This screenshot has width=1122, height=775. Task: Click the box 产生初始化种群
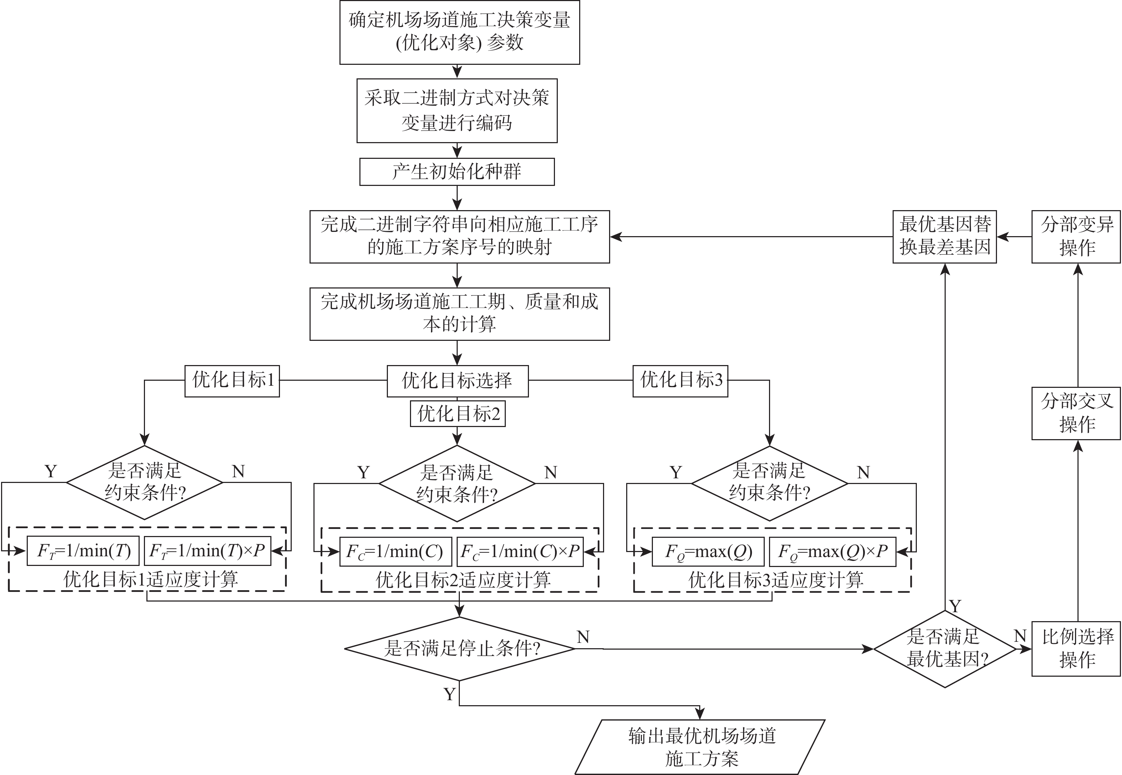457,171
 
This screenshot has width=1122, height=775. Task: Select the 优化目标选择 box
457,380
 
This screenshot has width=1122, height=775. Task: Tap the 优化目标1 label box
232,381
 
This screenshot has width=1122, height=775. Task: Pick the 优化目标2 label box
458,414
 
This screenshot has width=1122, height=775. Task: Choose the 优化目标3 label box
680,381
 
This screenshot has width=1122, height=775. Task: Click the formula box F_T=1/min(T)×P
207,551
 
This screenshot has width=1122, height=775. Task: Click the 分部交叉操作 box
1076,413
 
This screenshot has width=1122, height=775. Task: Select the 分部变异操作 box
1076,236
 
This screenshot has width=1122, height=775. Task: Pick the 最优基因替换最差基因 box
944,236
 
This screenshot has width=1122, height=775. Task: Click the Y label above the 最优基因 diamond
955,607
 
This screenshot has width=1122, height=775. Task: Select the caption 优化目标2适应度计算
463,580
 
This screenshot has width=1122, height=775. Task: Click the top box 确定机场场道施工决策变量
459,32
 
